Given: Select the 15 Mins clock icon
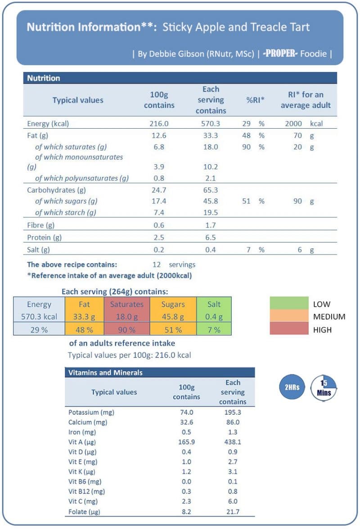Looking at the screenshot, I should [x=324, y=387].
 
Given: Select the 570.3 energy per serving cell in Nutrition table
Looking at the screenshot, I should [x=210, y=124].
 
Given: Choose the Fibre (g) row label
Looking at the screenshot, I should [x=41, y=225].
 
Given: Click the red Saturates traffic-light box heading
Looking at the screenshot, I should [x=126, y=305].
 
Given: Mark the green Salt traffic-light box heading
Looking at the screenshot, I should [x=214, y=305].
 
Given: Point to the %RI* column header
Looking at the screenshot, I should [x=255, y=100].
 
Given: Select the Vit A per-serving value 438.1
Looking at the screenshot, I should [x=233, y=442].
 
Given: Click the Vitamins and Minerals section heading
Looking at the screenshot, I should [x=105, y=372].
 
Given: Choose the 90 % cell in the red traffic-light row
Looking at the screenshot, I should [x=126, y=330].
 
